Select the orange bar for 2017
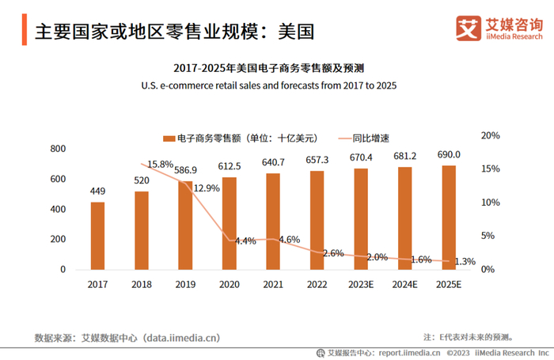click(x=97, y=236)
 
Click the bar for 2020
click(x=230, y=223)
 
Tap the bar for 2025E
click(x=449, y=217)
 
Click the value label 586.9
click(x=185, y=170)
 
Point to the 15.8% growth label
click(x=160, y=165)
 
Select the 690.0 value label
click(x=449, y=155)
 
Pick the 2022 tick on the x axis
click(x=317, y=283)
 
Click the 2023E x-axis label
click(x=361, y=283)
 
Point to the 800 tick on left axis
click(x=57, y=149)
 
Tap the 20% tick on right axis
click(x=491, y=136)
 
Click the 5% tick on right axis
click(x=488, y=236)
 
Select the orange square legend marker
click(x=169, y=138)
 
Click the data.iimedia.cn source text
click(x=181, y=338)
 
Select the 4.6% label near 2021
click(x=290, y=239)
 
